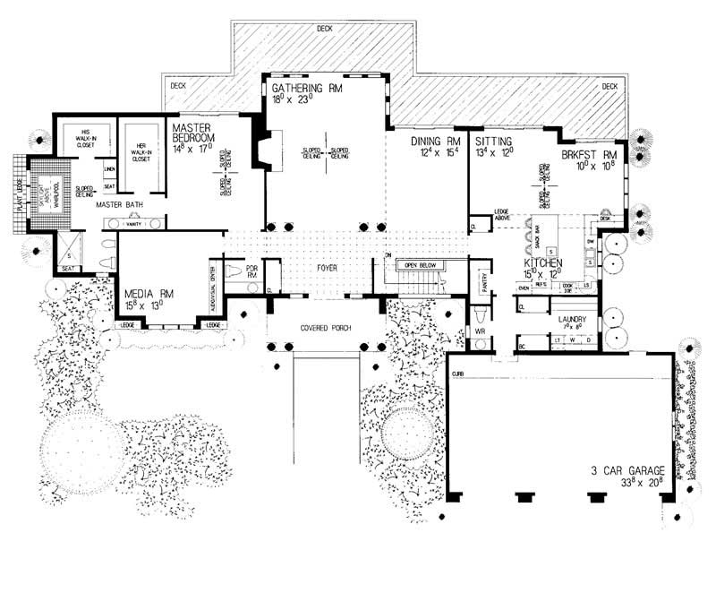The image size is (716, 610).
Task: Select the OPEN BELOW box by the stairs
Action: pos(424,266)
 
